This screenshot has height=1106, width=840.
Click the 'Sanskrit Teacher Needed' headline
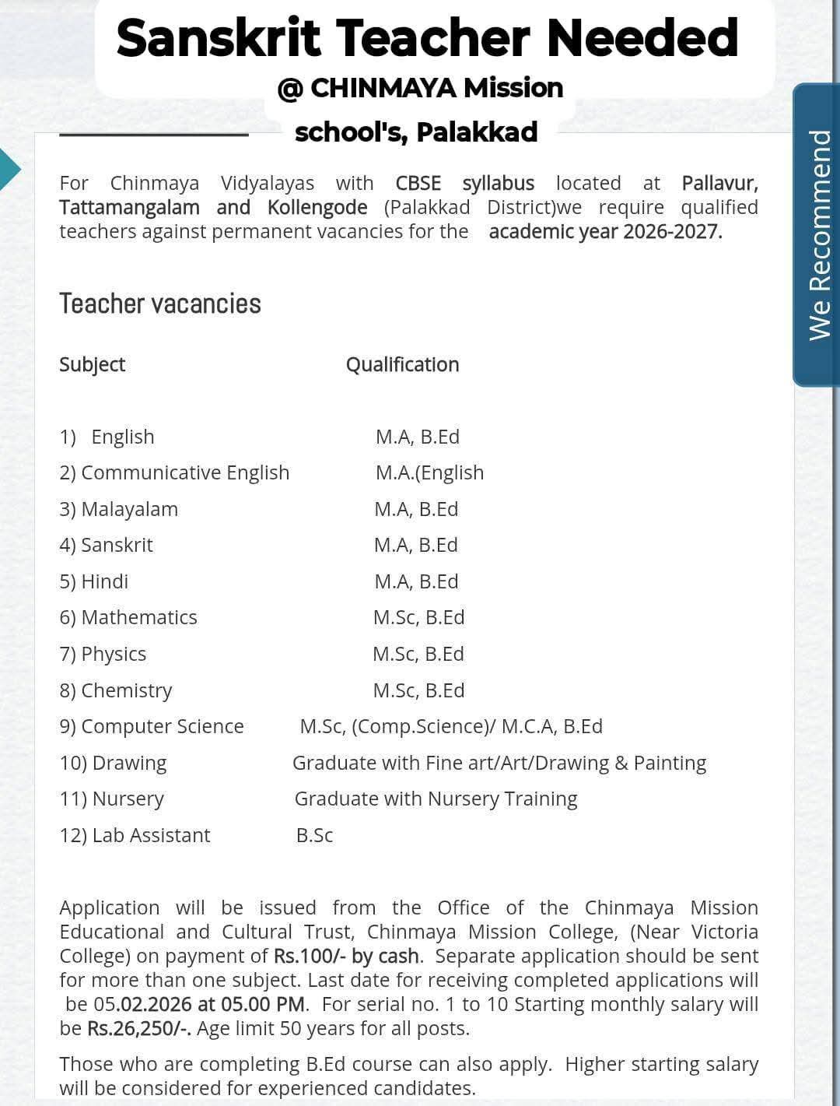pos(427,38)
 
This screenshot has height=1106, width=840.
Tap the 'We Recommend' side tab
pos(820,235)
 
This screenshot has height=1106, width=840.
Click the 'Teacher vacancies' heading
pos(160,304)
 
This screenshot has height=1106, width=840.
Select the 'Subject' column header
pos(92,364)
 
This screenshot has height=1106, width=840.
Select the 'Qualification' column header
pos(402,364)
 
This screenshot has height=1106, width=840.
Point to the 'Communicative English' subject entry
pos(185,472)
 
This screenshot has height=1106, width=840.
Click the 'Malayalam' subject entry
pos(129,509)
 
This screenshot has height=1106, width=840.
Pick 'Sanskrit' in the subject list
pos(117,545)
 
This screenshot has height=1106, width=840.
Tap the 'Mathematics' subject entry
pos(138,617)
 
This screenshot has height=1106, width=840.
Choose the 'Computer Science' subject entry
pos(162,726)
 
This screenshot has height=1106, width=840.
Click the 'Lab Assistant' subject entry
pos(151,835)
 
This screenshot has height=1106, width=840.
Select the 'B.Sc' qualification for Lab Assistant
pos(314,835)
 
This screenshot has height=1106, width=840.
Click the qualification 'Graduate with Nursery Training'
pos(436,799)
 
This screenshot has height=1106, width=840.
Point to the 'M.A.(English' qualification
pos(429,472)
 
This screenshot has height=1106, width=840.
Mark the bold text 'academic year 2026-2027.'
pos(605,231)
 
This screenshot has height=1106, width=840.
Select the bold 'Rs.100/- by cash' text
pos(346,956)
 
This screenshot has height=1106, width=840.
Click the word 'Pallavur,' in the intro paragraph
pos(719,183)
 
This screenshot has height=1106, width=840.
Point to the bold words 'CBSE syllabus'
pos(464,183)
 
